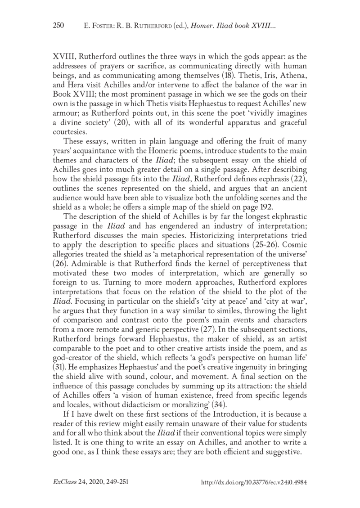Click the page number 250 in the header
pos(59,26)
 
